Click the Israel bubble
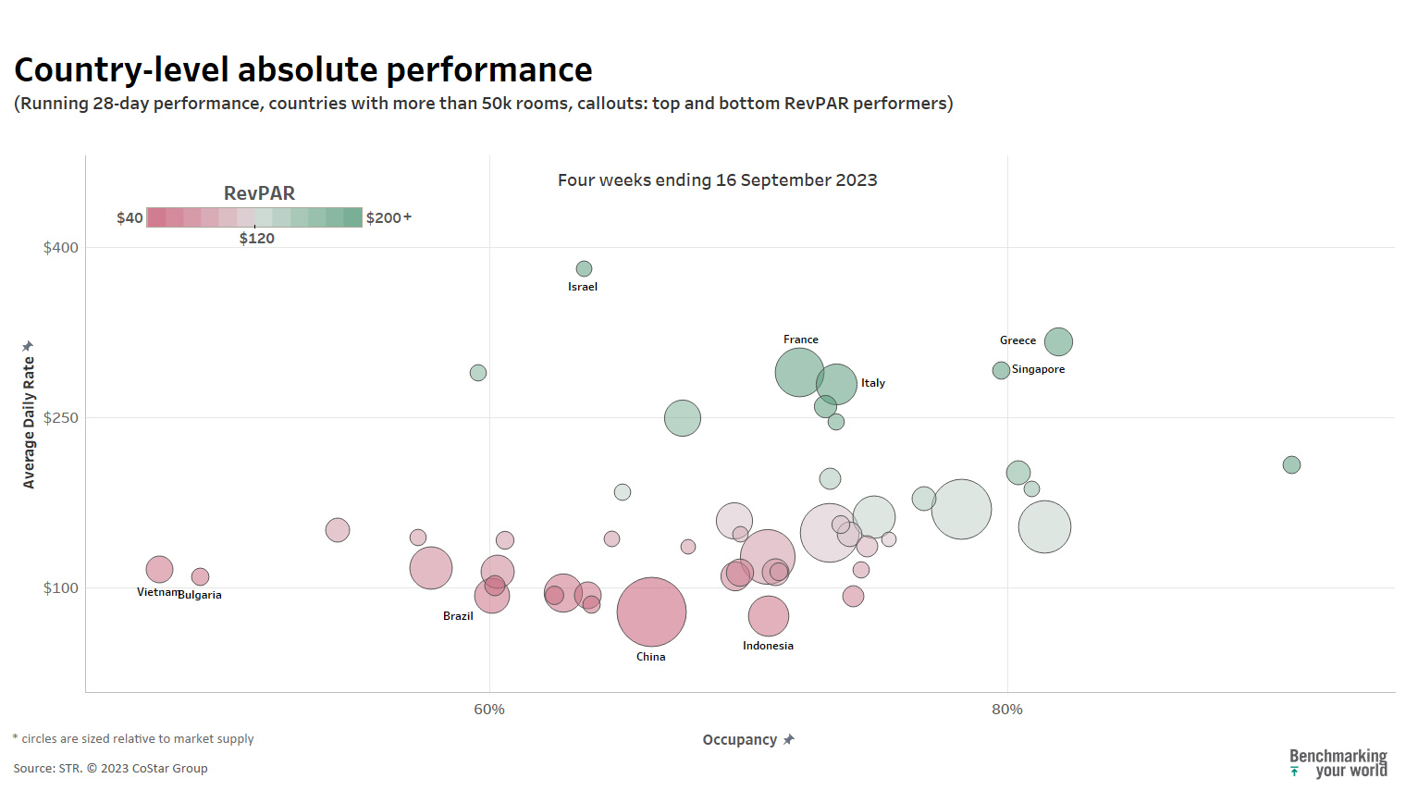tap(584, 269)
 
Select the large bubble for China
tap(651, 612)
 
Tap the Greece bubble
tap(1058, 341)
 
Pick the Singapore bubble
tap(1001, 370)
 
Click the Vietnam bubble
tap(159, 569)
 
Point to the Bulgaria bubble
tap(200, 576)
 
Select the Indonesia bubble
tap(768, 615)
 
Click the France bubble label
tap(800, 340)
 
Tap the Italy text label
tap(873, 383)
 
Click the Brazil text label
tap(458, 616)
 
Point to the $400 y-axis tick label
tap(61, 248)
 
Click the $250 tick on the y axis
tap(61, 418)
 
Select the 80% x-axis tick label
tap(1007, 710)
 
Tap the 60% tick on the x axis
tap(489, 710)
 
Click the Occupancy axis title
tap(740, 740)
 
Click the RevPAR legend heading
tap(259, 193)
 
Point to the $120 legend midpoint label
tap(257, 239)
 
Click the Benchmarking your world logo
tap(1338, 763)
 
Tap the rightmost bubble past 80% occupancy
tap(1291, 464)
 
